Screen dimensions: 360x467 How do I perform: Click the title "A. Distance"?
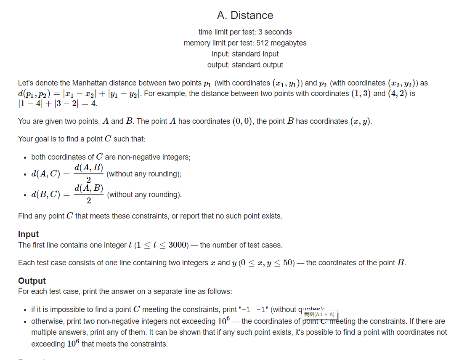point(245,15)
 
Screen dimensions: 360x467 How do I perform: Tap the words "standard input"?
point(255,54)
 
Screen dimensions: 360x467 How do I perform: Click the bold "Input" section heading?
point(28,234)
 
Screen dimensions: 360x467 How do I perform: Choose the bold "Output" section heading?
point(32,281)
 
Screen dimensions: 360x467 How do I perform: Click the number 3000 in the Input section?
point(177,245)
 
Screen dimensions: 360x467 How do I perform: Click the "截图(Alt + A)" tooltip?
point(319,315)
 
